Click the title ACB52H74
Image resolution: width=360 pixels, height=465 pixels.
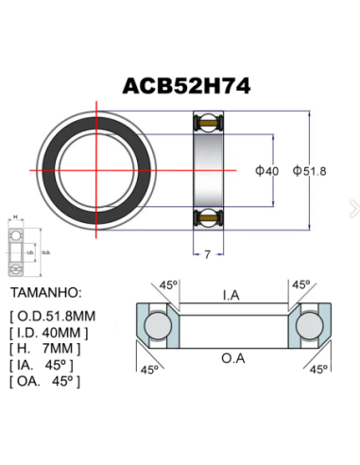pos(185,85)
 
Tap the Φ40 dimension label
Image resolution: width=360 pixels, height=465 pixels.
pos(266,170)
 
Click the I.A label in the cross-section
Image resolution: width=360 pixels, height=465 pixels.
pos(230,296)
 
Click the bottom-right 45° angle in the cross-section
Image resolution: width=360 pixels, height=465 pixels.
pos(318,369)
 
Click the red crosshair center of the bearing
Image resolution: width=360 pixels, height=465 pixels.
pos(95,170)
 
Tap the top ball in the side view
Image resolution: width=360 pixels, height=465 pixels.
pos(208,122)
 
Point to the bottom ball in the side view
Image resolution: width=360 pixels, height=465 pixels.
pos(208,217)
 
